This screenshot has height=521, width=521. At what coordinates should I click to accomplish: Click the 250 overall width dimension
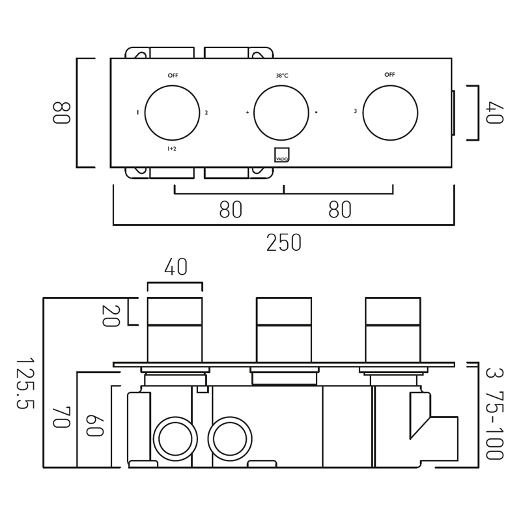pos(284,243)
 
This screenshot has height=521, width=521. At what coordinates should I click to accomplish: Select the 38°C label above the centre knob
pos(281,76)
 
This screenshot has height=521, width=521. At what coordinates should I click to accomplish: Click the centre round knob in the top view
pos(281,113)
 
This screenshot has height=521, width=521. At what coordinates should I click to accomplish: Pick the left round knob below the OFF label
pos(172,113)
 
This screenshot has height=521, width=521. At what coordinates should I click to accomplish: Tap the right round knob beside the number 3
pos(390,113)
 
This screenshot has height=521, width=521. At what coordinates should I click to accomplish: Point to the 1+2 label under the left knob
pos(172,149)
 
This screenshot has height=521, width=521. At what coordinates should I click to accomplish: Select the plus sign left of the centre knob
pos(247,113)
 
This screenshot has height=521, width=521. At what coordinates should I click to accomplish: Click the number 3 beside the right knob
pos(355,111)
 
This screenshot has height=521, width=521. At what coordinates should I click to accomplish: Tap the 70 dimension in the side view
pos(61,417)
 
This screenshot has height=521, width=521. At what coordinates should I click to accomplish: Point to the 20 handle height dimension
pos(110,316)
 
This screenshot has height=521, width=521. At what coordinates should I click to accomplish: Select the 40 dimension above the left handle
pos(176,267)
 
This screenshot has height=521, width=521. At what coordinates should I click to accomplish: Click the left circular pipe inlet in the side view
pos(175,439)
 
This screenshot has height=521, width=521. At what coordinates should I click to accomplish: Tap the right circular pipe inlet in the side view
pos(230,439)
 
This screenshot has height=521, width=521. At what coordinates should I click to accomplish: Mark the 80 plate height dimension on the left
pos(61,113)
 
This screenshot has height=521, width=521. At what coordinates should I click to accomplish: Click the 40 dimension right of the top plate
pos(494,113)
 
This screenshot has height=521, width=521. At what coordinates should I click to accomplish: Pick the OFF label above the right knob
pos(389,75)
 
